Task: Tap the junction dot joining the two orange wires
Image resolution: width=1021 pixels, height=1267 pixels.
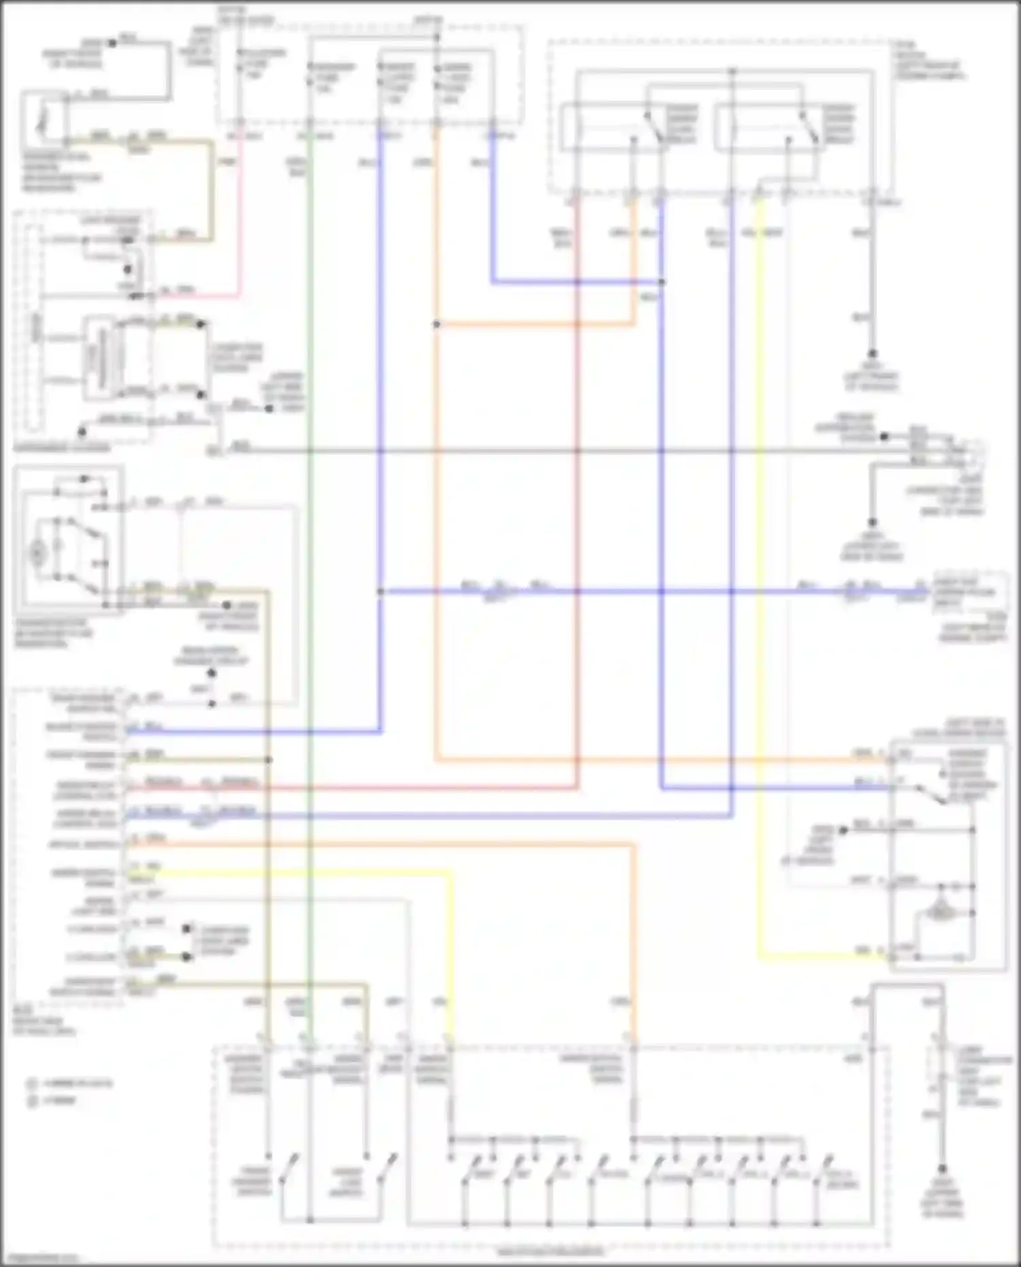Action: pyautogui.click(x=436, y=325)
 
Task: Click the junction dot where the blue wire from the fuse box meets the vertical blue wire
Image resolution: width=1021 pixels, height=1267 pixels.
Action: pyautogui.click(x=662, y=282)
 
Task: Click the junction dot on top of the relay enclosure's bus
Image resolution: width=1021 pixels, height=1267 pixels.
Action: pyautogui.click(x=732, y=71)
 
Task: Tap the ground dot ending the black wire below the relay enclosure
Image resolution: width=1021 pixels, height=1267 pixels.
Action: pyautogui.click(x=872, y=353)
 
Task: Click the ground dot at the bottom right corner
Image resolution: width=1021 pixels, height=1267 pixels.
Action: pyautogui.click(x=942, y=1168)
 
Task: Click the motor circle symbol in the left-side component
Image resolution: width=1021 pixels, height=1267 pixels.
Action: pyautogui.click(x=37, y=553)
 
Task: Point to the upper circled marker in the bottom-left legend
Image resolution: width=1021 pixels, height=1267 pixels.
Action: pyautogui.click(x=32, y=1083)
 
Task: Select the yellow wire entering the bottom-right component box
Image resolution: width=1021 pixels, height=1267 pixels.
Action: pyautogui.click(x=817, y=957)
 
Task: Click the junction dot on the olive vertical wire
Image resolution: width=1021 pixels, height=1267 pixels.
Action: pyautogui.click(x=268, y=759)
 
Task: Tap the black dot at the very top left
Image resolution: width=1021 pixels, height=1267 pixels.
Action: pyautogui.click(x=113, y=42)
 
